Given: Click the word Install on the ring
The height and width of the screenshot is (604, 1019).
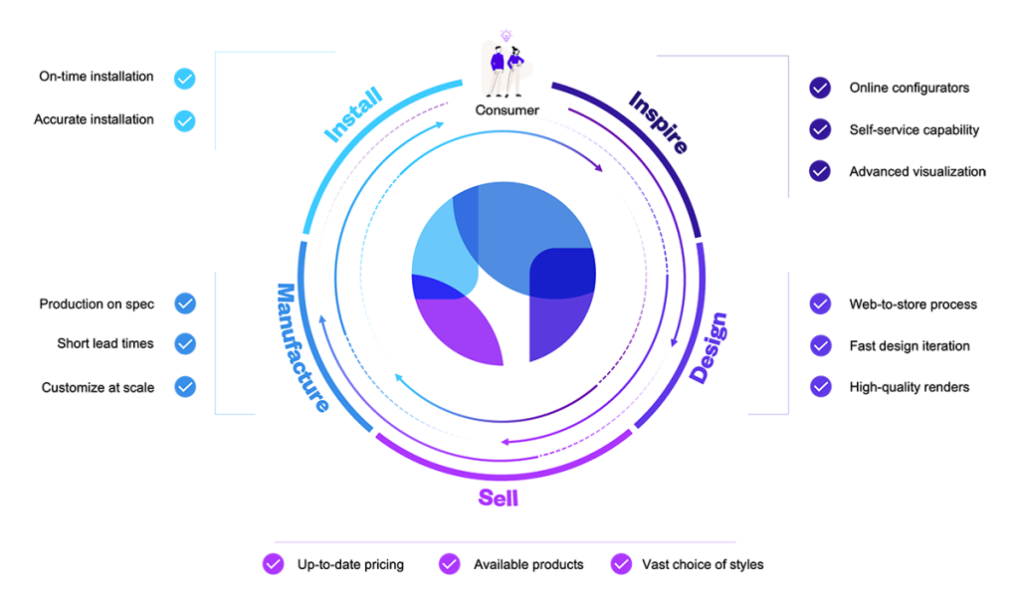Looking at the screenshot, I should click(353, 117).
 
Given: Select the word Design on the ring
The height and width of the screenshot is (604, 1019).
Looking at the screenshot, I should click(709, 348).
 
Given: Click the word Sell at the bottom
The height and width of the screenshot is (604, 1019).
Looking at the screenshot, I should click(498, 497).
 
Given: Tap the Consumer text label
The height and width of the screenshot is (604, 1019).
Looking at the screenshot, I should click(507, 110).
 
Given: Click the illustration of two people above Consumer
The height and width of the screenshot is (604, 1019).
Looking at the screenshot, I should click(506, 72).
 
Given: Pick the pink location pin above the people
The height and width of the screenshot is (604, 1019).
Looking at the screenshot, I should click(506, 36).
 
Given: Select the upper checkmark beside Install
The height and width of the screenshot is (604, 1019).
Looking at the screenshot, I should click(185, 79).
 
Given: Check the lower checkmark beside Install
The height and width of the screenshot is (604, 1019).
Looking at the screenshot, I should click(185, 121).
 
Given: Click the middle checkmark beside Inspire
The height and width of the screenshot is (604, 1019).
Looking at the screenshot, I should click(820, 129).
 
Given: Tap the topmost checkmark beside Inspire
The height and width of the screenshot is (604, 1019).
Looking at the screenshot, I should click(820, 88).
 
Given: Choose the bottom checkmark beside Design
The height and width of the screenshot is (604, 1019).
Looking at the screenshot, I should click(821, 386).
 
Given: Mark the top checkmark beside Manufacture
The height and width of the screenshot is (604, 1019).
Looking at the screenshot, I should click(185, 302).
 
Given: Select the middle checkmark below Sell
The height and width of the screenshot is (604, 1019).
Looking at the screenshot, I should click(449, 564).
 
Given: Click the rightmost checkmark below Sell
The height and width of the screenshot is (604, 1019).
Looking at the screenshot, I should click(621, 564).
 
